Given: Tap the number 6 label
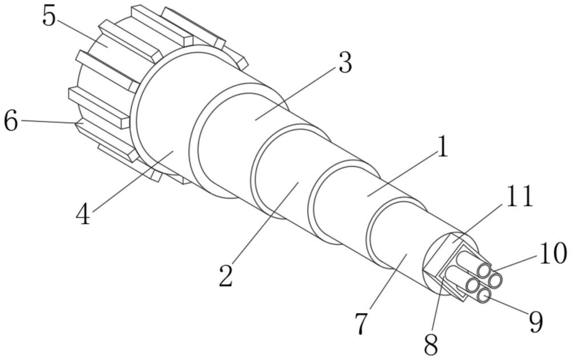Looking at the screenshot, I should click(x=11, y=121).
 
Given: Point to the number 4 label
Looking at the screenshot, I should click(x=83, y=215).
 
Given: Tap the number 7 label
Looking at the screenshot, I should click(x=361, y=323).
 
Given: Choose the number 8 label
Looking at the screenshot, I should click(x=431, y=344).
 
